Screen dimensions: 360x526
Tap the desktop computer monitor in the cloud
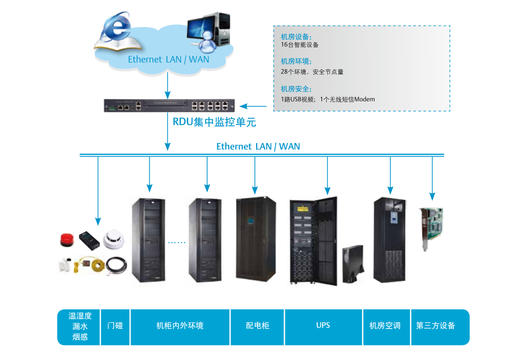[x=203, y=27]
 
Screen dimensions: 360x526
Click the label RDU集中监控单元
[x=214, y=122]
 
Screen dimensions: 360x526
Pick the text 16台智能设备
[x=300, y=45]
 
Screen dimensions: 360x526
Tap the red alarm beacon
[x=66, y=239]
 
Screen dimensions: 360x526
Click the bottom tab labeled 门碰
[x=115, y=325]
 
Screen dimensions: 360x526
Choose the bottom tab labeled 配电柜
[x=257, y=325]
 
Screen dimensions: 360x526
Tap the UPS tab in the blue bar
[x=323, y=325]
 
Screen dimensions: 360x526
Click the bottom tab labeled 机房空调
[x=385, y=325]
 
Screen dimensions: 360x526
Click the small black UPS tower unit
[x=353, y=264]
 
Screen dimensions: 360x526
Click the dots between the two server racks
[x=176, y=242]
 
